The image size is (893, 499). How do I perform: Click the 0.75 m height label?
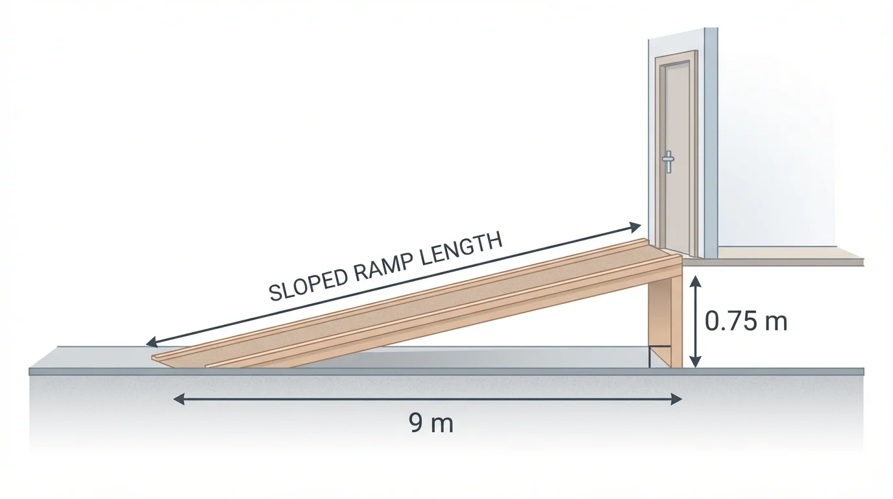746,320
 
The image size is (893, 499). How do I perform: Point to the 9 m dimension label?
432,424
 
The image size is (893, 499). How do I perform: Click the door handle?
667,161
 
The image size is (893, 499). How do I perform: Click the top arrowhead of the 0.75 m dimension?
696,280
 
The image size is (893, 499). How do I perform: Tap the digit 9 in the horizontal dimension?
417,424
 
